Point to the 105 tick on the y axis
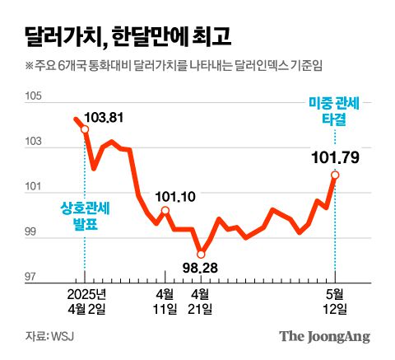[33, 97]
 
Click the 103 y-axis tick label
[33, 143]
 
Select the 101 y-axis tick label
[33, 188]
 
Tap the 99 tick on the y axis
[34, 233]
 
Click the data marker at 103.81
[84, 129]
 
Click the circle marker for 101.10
[165, 211]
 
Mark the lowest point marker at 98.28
[200, 253]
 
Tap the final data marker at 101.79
[335, 175]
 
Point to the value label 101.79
[334, 156]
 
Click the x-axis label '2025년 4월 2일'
[85, 302]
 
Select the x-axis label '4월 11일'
[165, 302]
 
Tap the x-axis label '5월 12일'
[335, 302]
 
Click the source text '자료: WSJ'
[49, 336]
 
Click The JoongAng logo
[324, 336]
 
